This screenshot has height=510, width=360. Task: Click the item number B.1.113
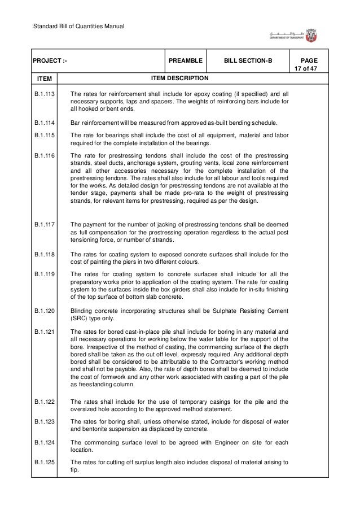coord(45,94)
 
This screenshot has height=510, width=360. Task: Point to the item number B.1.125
coord(45,463)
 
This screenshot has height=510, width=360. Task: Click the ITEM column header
coord(45,78)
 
